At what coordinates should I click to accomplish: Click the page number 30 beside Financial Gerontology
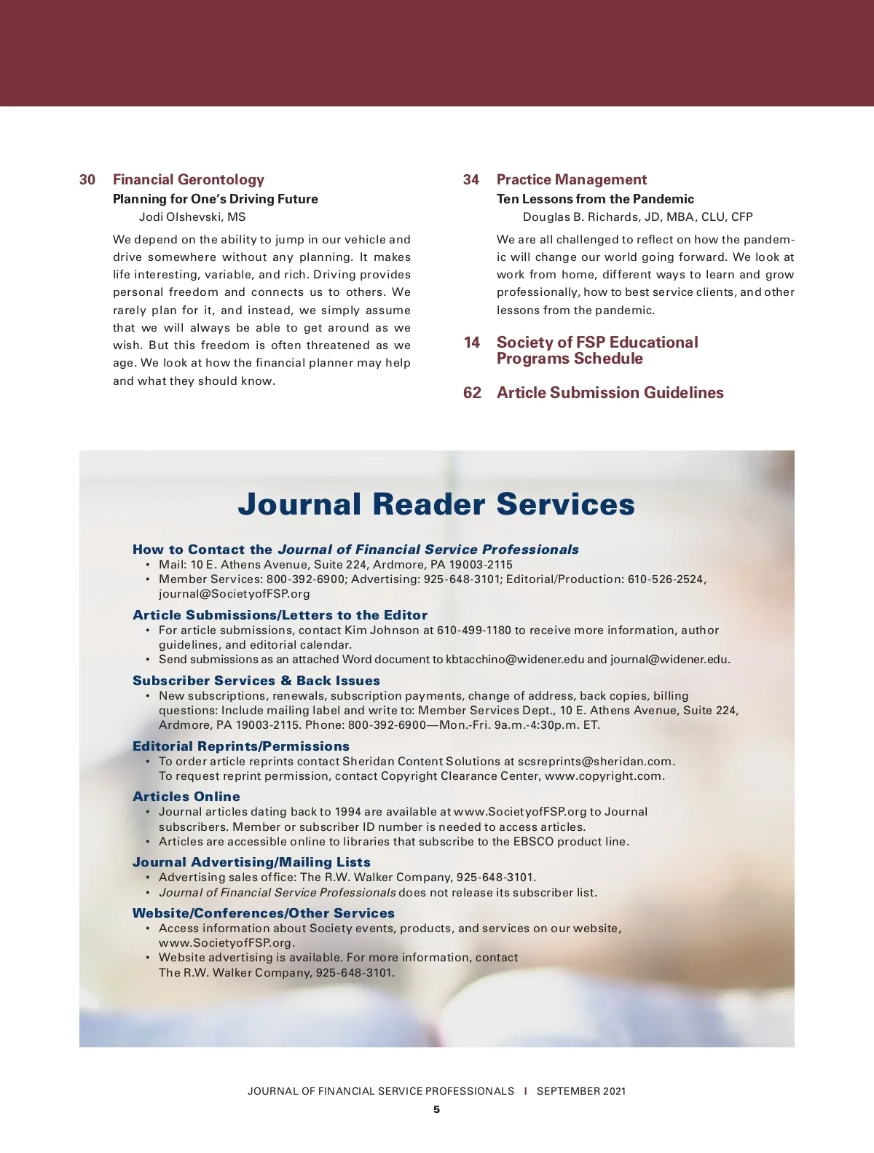87,180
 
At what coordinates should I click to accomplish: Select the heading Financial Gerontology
188,180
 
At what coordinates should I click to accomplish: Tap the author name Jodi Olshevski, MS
192,217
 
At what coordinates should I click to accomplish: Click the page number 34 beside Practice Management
471,180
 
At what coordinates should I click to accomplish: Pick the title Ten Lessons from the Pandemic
595,199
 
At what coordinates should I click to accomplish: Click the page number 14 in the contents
472,343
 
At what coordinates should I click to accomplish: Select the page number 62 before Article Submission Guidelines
472,393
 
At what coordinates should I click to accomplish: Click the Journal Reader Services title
436,504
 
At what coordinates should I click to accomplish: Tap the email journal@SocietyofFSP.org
235,594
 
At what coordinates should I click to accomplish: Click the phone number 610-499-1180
474,630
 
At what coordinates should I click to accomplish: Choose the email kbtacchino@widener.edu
515,660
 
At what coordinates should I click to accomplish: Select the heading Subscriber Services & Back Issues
256,681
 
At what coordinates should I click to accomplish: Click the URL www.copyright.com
604,776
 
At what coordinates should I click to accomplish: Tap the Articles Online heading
186,797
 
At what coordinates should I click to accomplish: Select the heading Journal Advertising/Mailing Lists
251,862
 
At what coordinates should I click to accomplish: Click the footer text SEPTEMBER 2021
581,1091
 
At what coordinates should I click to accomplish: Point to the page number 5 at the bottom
436,1110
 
